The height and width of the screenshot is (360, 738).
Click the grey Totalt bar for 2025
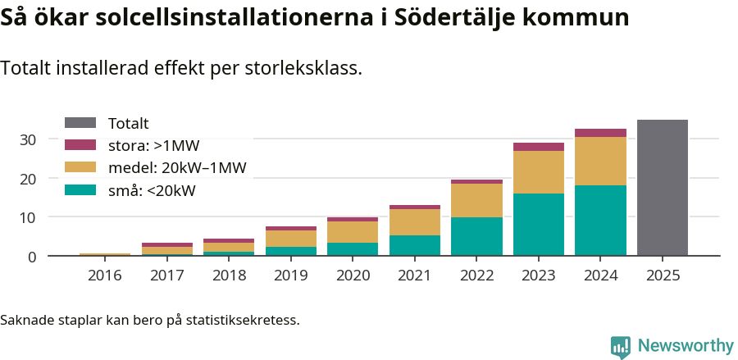pos(662,188)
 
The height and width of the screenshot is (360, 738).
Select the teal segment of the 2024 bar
pos(600,221)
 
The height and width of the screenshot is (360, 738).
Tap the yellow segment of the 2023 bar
pos(539,172)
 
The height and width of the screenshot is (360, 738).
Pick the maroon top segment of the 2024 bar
pos(600,133)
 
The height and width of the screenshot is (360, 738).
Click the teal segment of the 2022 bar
pos(476,236)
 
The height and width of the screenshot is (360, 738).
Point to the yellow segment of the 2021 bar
pos(414,222)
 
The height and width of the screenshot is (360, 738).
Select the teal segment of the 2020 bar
pos(353,249)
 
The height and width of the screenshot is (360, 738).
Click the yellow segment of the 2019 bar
pos(290,239)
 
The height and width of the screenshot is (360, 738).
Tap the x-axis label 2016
pos(104,276)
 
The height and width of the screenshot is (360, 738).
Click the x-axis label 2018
pos(229,276)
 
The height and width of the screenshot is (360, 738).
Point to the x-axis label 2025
pos(663,276)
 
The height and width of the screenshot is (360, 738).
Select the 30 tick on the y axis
pos(29,140)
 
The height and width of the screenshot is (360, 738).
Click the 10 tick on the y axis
pos(29,217)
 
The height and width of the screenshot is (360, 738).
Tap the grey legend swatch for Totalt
pos(80,123)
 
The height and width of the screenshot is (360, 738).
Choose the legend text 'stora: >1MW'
pos(153,146)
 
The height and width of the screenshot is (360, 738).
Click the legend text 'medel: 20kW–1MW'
pos(177,168)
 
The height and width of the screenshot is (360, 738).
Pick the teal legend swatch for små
pos(80,190)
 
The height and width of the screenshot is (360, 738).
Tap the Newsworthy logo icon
pos(620,346)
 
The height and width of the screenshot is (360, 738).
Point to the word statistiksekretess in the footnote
pos(243,319)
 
